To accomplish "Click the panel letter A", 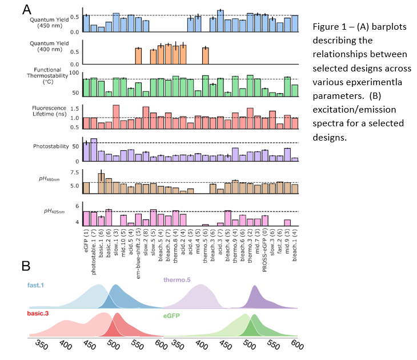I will (x=26, y=9).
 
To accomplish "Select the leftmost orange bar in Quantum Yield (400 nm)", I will (x=138, y=57).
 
